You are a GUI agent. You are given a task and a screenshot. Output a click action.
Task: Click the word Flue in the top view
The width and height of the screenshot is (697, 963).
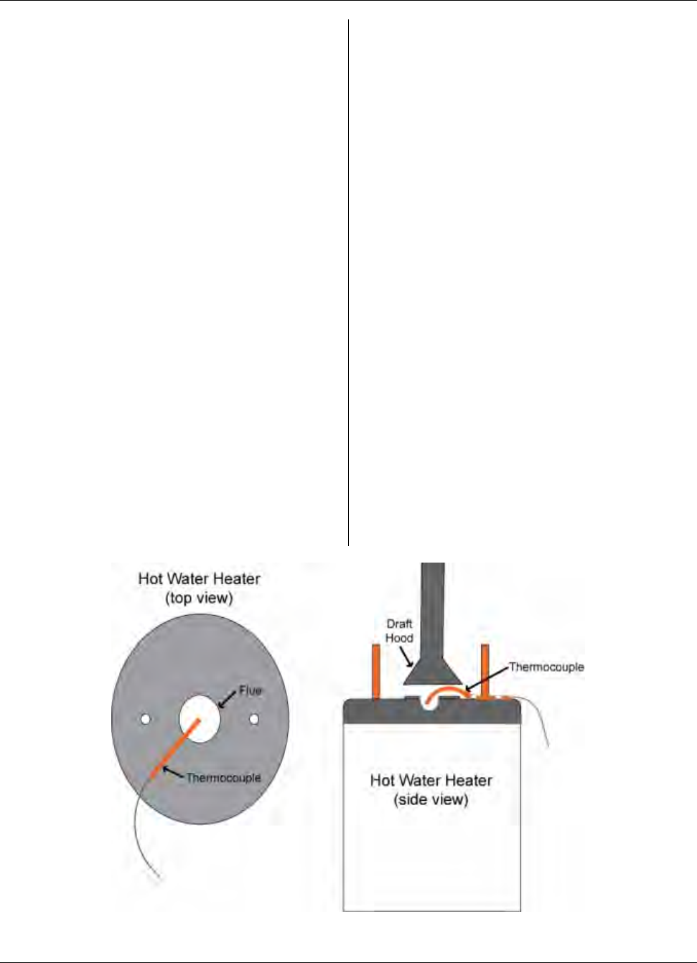(251, 690)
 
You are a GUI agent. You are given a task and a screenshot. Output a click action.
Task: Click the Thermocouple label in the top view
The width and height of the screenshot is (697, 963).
(223, 778)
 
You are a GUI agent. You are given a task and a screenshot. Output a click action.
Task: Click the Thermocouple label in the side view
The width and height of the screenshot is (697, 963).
(546, 667)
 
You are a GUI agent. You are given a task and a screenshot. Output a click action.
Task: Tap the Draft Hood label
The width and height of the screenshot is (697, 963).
(399, 631)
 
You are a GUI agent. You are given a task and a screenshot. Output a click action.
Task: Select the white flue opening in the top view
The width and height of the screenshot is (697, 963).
(200, 717)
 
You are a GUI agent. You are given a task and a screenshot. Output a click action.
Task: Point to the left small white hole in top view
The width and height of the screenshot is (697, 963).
(145, 718)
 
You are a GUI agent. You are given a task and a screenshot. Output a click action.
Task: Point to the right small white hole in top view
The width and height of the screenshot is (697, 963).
(253, 718)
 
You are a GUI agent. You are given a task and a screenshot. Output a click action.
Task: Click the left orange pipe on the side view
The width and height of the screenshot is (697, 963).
(375, 670)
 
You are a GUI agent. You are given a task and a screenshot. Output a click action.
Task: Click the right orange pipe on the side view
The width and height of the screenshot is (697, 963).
(485, 670)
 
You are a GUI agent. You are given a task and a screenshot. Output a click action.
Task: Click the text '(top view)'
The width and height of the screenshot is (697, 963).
(199, 598)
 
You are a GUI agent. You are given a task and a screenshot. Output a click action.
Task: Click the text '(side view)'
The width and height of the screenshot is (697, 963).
(431, 799)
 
